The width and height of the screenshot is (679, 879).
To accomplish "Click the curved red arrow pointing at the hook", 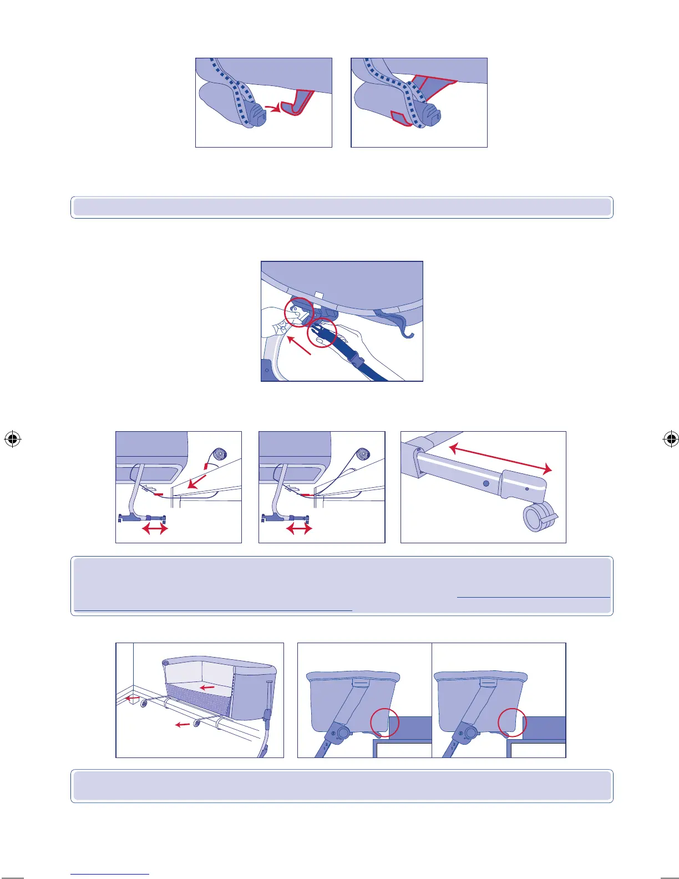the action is [271, 107].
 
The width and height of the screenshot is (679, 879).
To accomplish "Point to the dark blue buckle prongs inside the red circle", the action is [321, 332].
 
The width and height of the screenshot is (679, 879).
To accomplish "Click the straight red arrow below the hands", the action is [300, 345].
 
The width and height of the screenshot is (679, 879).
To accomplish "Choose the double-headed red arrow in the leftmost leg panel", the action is [155, 529].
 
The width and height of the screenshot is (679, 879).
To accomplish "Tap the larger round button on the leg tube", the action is [486, 483].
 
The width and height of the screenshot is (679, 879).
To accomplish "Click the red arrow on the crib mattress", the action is [207, 688].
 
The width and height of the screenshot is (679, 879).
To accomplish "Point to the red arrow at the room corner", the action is [131, 698].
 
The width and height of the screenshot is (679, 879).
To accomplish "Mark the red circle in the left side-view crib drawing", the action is [384, 722].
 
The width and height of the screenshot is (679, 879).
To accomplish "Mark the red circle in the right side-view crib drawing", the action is [512, 722].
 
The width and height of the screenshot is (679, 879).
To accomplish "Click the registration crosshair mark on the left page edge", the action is [12, 439].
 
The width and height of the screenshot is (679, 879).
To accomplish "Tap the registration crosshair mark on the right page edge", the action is [671, 439].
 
